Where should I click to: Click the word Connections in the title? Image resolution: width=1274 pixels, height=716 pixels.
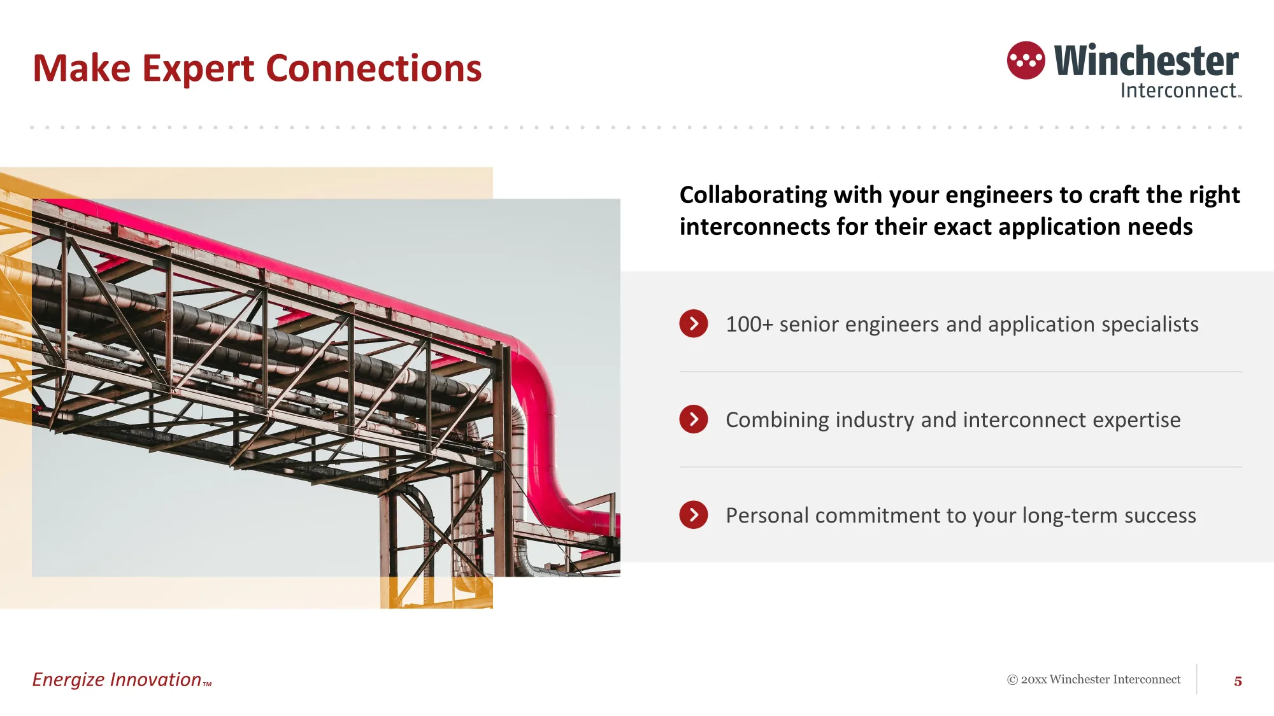373,68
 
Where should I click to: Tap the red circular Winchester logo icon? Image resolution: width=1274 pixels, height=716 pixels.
1026,60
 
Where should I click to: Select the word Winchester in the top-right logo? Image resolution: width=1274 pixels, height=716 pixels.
1147,60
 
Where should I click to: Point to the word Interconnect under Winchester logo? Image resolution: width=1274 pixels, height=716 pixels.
1178,90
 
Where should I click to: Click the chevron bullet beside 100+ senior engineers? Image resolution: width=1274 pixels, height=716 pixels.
694,324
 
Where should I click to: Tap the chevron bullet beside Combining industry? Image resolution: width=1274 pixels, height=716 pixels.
694,419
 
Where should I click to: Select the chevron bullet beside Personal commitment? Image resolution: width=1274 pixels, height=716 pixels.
694,515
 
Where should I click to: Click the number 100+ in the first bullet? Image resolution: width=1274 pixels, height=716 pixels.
749,325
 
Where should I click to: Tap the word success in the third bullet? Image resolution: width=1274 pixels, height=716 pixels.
1160,516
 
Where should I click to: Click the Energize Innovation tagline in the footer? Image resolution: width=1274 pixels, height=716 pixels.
122,680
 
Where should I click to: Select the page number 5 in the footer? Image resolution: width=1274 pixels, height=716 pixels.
1238,681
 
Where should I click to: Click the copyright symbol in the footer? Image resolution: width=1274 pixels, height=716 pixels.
1012,680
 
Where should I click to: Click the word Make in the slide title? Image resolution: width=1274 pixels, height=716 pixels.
82,68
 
